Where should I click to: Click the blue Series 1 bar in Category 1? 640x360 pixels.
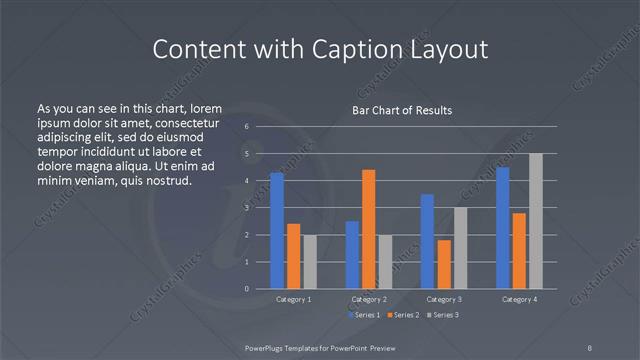pyautogui.click(x=277, y=231)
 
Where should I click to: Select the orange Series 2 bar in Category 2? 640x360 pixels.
pyautogui.click(x=369, y=229)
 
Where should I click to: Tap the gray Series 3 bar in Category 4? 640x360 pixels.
pyautogui.click(x=536, y=221)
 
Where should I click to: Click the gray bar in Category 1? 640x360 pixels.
pyautogui.click(x=310, y=262)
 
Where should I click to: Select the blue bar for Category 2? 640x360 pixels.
pyautogui.click(x=352, y=255)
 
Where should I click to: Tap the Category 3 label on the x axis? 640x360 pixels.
pyautogui.click(x=443, y=299)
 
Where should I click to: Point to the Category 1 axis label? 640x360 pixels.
pyautogui.click(x=293, y=299)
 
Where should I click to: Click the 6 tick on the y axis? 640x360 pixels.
pyautogui.click(x=247, y=127)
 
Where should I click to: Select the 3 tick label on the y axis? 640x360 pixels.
pyautogui.click(x=247, y=208)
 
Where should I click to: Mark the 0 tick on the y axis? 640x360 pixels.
pyautogui.click(x=247, y=289)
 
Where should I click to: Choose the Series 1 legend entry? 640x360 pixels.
pyautogui.click(x=363, y=315)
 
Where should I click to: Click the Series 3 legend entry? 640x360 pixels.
pyautogui.click(x=444, y=315)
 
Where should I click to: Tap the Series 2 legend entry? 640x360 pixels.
pyautogui.click(x=404, y=315)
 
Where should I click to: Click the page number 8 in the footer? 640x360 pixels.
pyautogui.click(x=590, y=346)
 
